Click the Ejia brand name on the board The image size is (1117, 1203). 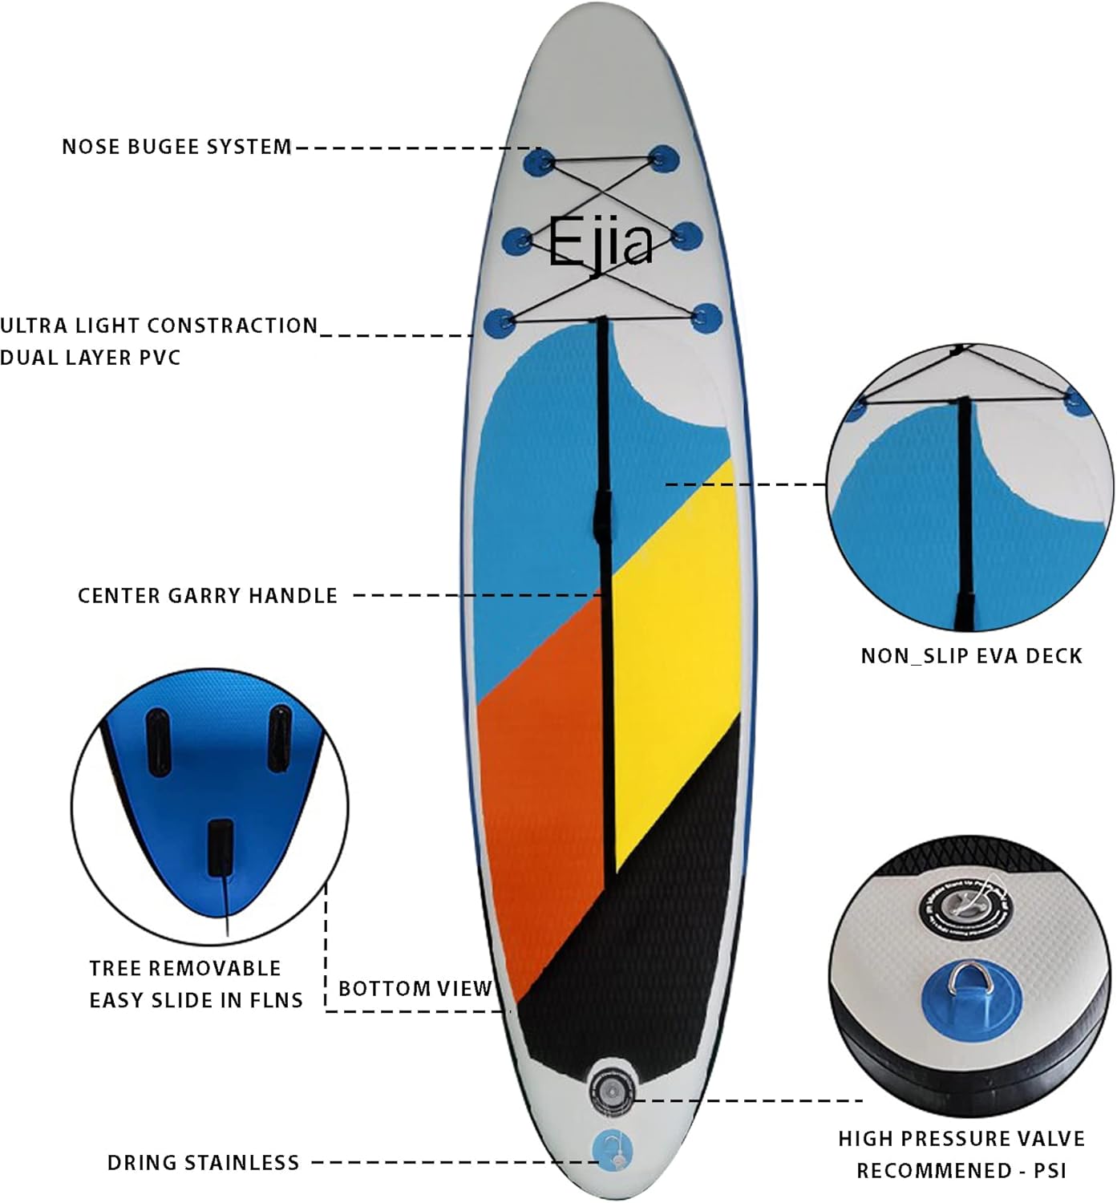pos(600,241)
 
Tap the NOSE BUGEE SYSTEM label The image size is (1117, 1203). pos(176,147)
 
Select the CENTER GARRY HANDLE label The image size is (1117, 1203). pos(208,596)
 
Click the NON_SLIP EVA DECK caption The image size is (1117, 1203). pos(971,656)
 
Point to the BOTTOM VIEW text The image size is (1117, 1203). pos(415,988)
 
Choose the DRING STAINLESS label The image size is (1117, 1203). pos(203,1162)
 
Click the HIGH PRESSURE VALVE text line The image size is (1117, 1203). pos(961,1139)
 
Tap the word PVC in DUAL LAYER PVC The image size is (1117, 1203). pos(160,358)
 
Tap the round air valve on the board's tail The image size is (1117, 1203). pos(612,1089)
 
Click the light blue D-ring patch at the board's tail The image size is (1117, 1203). pos(612,1150)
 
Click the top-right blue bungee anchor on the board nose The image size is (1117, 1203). pos(663,159)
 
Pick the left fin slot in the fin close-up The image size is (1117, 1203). pos(157,742)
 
